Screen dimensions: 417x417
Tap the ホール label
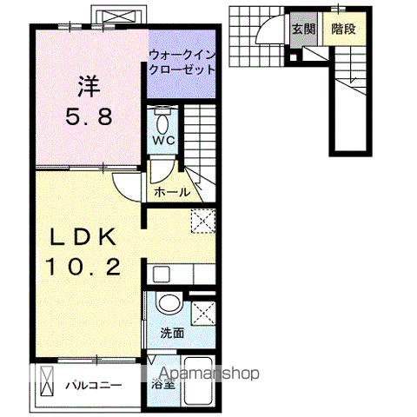pos(171,192)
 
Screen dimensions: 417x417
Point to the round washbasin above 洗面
pos(170,303)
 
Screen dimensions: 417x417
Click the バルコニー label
pos(92,383)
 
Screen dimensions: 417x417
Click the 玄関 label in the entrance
pos(302,29)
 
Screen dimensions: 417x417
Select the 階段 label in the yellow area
pos(342,29)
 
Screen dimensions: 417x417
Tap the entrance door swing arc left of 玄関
pos(265,33)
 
